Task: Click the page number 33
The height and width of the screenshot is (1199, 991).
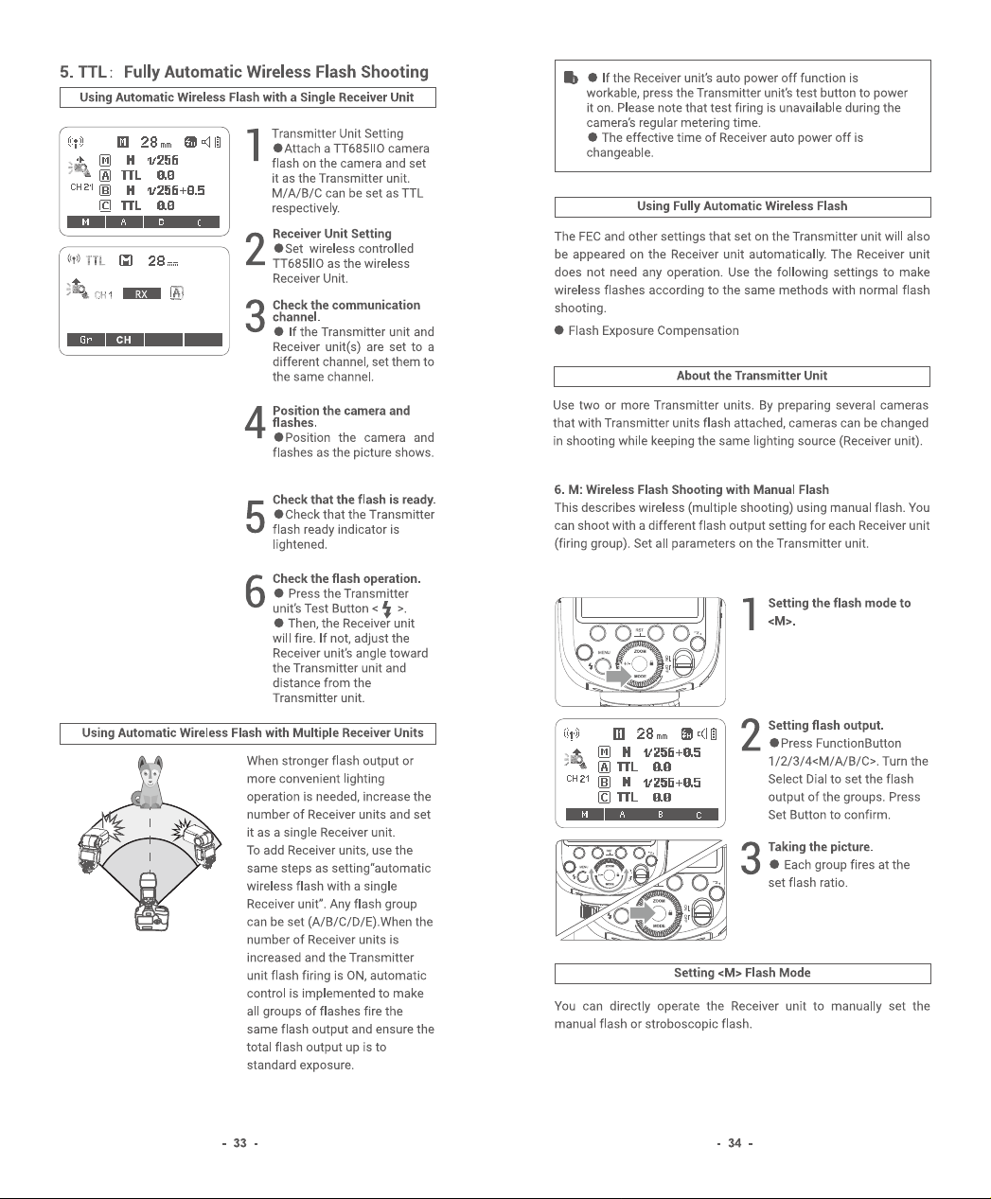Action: tap(239, 1143)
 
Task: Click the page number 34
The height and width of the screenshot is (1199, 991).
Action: tap(734, 1143)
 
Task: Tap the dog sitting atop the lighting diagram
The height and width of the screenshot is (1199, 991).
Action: tap(150, 781)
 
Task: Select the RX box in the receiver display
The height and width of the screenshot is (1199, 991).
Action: tap(141, 294)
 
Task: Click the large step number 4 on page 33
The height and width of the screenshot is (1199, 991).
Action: tap(255, 423)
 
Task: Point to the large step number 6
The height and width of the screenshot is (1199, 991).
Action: tap(255, 591)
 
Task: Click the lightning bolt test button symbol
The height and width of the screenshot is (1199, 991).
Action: tap(387, 608)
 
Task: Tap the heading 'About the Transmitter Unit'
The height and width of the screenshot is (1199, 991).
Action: tap(752, 376)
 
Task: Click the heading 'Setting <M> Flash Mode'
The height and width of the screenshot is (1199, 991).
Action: tap(742, 973)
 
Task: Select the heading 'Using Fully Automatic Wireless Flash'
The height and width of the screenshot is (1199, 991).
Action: tap(742, 206)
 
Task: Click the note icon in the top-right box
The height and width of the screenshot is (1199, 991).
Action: tap(571, 78)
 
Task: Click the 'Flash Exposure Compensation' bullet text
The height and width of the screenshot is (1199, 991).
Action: tap(653, 331)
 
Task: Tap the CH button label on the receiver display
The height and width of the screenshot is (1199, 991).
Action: tap(123, 340)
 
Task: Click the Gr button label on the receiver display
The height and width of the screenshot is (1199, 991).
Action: tap(86, 340)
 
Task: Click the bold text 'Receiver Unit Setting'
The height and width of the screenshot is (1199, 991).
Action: tap(331, 234)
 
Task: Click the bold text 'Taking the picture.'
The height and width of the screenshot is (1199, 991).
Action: tap(821, 847)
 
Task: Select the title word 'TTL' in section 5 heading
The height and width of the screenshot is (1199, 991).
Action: tap(92, 72)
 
